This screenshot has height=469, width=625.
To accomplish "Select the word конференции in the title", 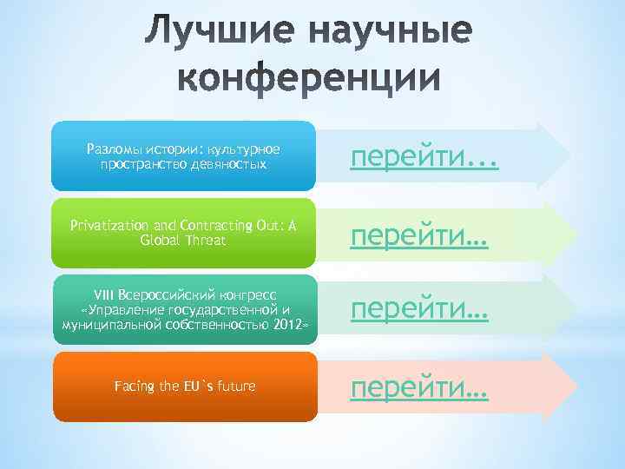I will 312,79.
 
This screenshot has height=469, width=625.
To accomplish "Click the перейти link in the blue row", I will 424,156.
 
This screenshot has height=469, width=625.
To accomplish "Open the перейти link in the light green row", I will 420,235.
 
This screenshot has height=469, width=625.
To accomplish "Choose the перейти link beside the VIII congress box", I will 420,310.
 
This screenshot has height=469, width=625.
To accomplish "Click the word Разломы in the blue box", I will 115,149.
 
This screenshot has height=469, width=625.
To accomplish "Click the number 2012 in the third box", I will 286,324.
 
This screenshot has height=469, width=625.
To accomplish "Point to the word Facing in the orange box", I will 134,386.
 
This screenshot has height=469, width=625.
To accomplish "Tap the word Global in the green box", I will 158,240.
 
